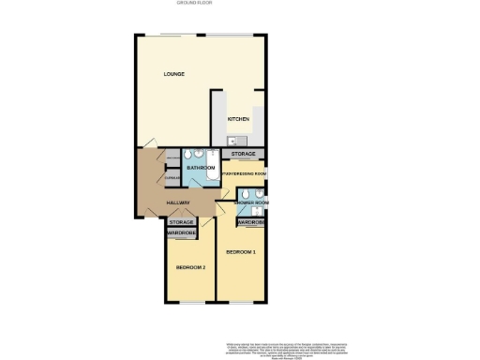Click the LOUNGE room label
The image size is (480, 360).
point(172,74)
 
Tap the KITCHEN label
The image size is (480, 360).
point(238,119)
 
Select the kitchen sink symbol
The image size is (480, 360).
point(232,141)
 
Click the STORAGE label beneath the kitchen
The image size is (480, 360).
point(243,153)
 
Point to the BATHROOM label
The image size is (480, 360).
point(201,167)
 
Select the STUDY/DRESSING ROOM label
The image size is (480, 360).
point(245,173)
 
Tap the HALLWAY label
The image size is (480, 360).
point(178,202)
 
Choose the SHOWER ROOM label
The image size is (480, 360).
point(250,202)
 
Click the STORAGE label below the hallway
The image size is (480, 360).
point(181,222)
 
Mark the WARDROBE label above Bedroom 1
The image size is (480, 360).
point(250,222)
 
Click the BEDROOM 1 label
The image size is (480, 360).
point(240,253)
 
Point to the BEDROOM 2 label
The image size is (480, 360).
point(190,268)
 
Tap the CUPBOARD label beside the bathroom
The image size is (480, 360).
point(172,177)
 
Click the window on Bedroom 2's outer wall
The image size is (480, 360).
point(190,303)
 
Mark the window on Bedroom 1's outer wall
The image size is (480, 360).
point(241,303)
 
